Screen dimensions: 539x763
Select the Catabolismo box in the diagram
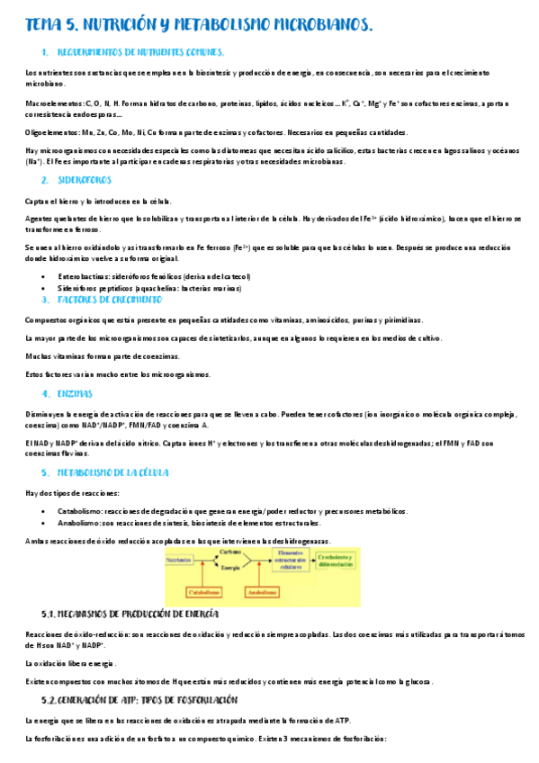point(203,592)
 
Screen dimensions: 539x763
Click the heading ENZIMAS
point(75,394)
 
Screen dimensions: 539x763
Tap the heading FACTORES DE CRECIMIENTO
point(109,299)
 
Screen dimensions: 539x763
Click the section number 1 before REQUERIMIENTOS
point(44,53)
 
